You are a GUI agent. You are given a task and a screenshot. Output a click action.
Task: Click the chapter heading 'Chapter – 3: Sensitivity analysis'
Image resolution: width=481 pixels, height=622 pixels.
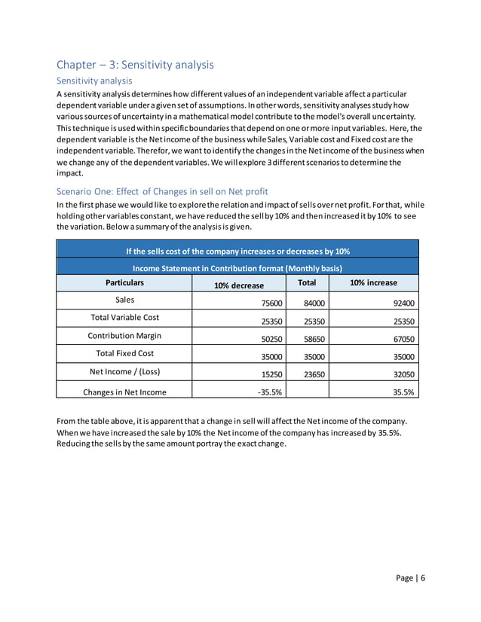tap(136, 65)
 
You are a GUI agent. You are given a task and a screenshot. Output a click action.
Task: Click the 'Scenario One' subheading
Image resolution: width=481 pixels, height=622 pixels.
tap(162, 191)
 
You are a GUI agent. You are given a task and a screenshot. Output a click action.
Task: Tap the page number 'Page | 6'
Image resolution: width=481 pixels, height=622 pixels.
tap(411, 578)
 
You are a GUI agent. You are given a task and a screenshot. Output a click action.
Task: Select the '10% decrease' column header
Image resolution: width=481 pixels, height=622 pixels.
tap(239, 285)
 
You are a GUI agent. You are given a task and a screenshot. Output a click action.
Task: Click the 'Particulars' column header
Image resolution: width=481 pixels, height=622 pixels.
tap(124, 283)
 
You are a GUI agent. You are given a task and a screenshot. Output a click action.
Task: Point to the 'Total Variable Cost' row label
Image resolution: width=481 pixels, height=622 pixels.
tap(124, 317)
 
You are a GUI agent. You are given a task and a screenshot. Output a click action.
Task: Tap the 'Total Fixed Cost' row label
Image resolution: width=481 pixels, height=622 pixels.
tap(124, 352)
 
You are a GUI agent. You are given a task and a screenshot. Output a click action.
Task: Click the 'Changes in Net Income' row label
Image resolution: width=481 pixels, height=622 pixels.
tap(124, 392)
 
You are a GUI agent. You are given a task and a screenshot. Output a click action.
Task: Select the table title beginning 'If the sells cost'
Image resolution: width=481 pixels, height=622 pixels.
tap(237, 250)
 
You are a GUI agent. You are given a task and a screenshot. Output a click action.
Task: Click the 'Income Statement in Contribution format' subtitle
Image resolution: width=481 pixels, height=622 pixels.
tap(237, 268)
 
